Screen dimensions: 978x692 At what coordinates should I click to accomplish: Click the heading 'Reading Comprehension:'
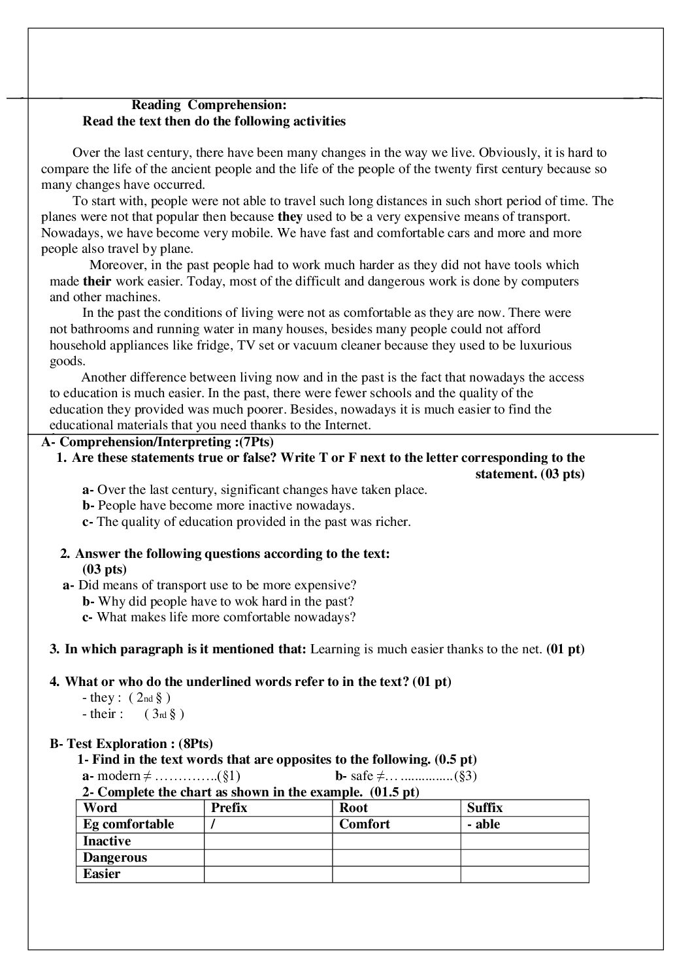click(x=209, y=105)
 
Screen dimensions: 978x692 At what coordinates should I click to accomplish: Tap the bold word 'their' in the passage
click(x=97, y=282)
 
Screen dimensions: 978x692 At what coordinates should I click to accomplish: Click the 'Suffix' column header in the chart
click(x=485, y=808)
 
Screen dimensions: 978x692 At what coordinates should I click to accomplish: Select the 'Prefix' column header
click(x=229, y=808)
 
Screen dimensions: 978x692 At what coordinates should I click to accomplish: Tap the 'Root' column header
click(x=354, y=808)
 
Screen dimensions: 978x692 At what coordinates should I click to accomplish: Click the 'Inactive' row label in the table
click(x=107, y=841)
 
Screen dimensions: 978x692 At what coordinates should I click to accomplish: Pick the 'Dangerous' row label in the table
click(x=115, y=858)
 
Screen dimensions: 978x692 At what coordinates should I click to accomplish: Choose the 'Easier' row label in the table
click(x=102, y=874)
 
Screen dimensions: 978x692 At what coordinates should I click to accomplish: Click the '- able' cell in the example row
click(x=484, y=824)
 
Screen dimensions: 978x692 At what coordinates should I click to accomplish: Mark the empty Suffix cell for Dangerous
click(x=524, y=858)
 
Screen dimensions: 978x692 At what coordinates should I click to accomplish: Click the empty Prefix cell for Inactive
click(x=268, y=841)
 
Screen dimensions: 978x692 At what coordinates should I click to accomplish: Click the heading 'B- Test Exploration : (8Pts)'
click(x=131, y=743)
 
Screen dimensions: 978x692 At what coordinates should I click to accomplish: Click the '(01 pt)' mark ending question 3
click(x=565, y=649)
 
